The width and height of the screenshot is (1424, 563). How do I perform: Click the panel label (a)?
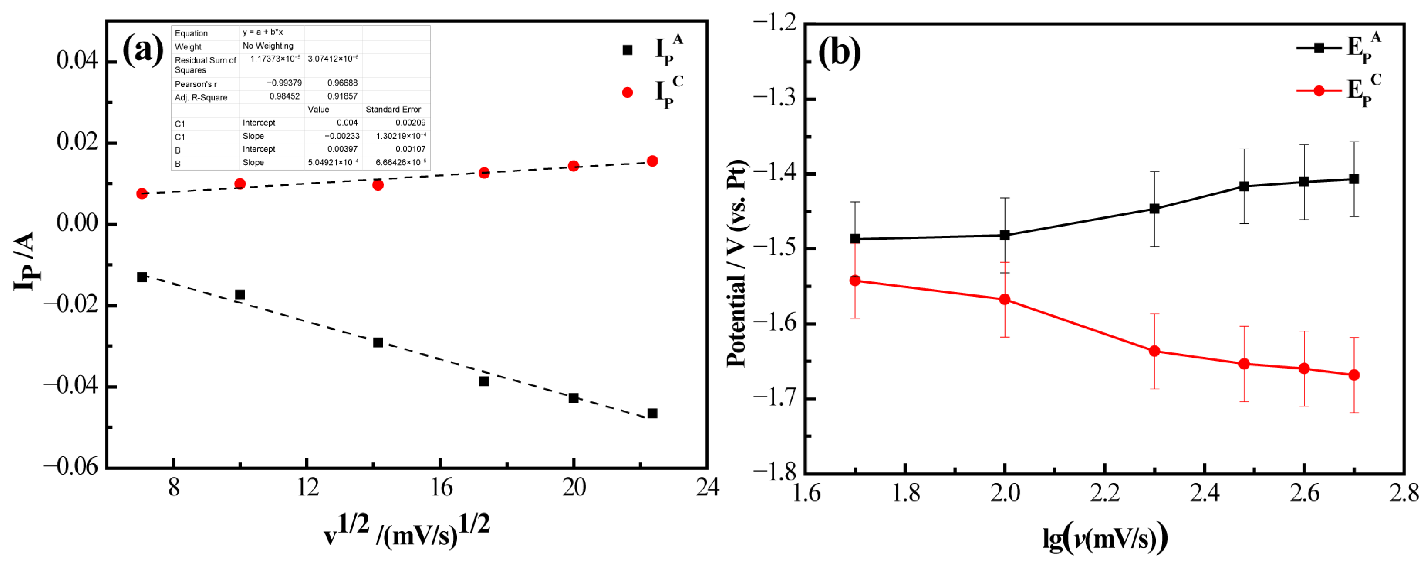(x=143, y=50)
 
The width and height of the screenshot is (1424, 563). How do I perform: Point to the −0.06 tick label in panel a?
(x=70, y=466)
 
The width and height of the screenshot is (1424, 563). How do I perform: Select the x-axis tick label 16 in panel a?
(x=440, y=488)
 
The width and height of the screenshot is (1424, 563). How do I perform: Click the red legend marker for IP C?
(x=627, y=92)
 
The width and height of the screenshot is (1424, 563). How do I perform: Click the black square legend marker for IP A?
(x=627, y=50)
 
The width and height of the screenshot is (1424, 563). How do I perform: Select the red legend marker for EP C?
(x=1318, y=91)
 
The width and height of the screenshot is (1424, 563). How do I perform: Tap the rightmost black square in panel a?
(x=652, y=414)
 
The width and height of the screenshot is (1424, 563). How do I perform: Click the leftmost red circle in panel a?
(x=142, y=194)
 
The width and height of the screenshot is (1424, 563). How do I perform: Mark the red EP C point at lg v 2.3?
(x=1154, y=351)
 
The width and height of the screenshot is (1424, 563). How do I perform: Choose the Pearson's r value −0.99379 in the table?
(x=284, y=83)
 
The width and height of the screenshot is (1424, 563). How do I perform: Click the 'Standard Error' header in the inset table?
(x=393, y=110)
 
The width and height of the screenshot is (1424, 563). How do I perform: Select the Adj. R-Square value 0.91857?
(x=342, y=96)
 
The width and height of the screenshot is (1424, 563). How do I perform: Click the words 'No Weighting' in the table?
(x=268, y=46)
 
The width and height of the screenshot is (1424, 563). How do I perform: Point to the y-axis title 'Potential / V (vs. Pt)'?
(x=736, y=263)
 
